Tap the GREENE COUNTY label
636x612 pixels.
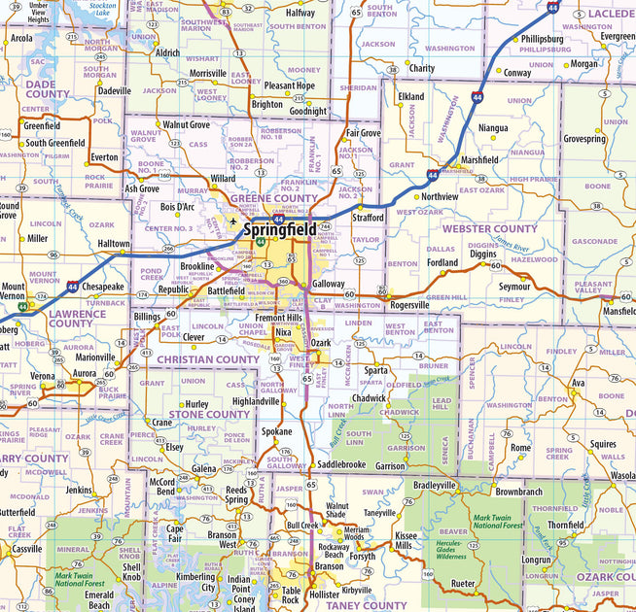point(273,199)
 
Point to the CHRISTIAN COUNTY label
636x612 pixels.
point(208,359)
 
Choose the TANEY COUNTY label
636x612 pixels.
point(339,605)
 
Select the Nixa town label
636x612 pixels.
point(283,332)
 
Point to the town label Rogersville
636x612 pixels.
point(408,304)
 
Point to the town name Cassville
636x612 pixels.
point(26,548)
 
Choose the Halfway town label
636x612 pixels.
point(300,13)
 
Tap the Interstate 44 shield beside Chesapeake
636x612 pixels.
point(74,288)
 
